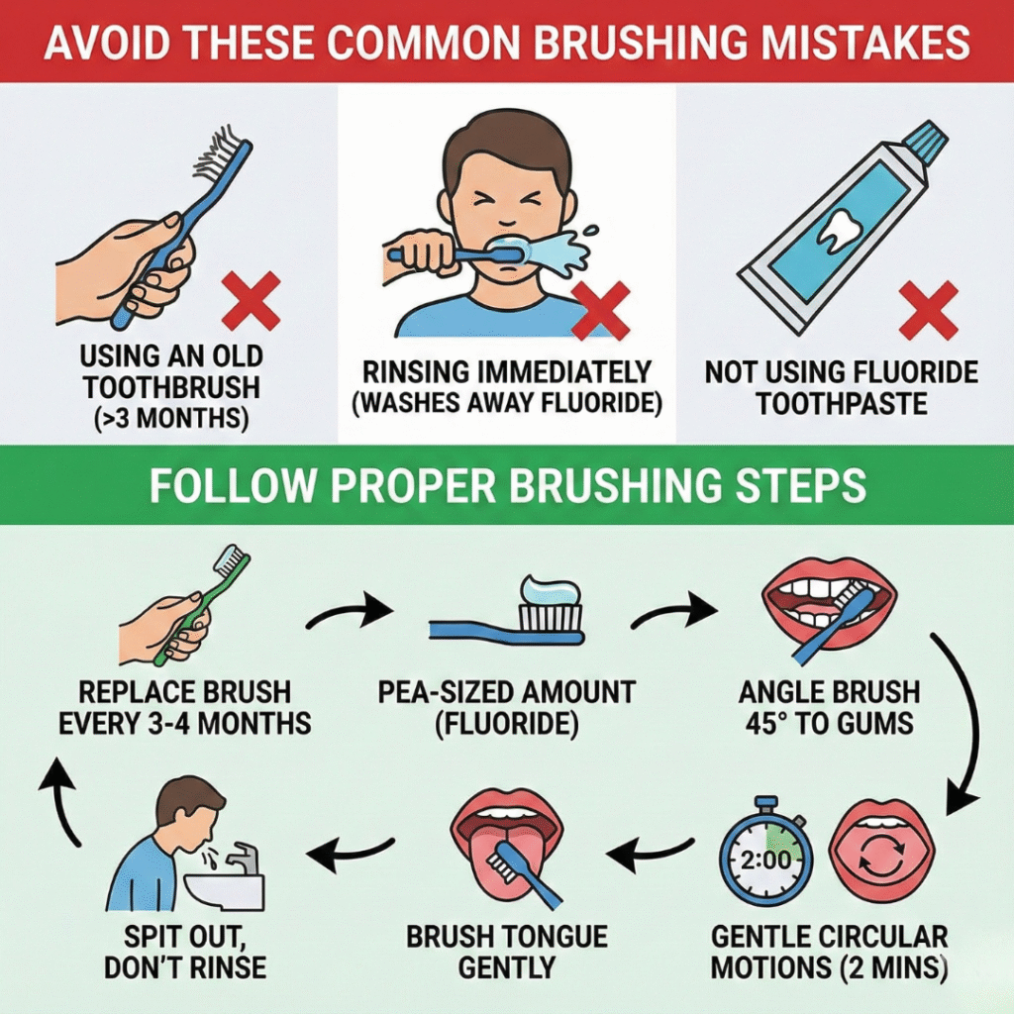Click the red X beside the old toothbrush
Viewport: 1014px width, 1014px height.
251,301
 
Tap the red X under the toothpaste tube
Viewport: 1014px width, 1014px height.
928,310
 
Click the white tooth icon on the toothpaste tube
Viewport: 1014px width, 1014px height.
840,226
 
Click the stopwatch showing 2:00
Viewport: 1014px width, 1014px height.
765,858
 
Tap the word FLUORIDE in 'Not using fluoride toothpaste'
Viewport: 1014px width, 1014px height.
914,372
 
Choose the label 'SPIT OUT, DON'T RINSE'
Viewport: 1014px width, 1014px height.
185,951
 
